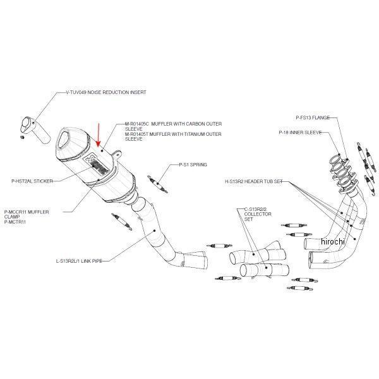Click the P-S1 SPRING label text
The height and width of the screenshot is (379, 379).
point(185,165)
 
